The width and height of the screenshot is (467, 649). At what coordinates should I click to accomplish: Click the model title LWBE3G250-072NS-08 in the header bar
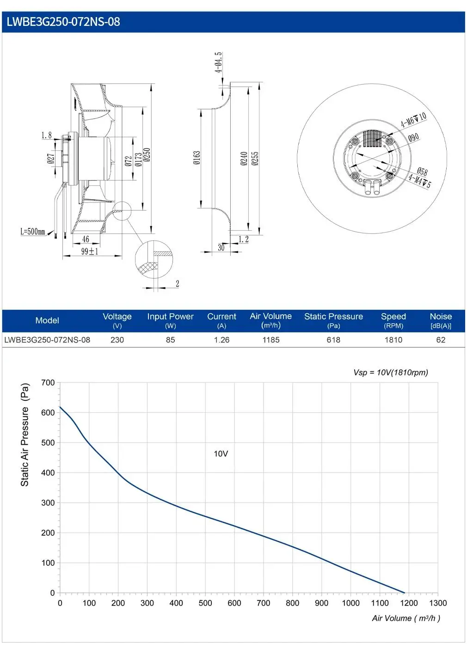coord(63,22)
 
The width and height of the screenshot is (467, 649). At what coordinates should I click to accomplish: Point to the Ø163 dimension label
coord(197,158)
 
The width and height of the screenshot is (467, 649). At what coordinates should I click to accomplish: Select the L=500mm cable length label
coord(33,231)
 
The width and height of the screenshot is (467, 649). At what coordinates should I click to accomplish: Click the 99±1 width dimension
coord(90,251)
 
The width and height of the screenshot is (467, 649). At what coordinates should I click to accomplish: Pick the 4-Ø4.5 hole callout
coord(218,62)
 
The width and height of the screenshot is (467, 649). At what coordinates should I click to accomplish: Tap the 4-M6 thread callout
coord(413,120)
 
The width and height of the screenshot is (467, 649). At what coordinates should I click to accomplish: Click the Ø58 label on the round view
coord(422,171)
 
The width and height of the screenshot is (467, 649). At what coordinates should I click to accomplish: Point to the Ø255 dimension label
coord(255,159)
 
